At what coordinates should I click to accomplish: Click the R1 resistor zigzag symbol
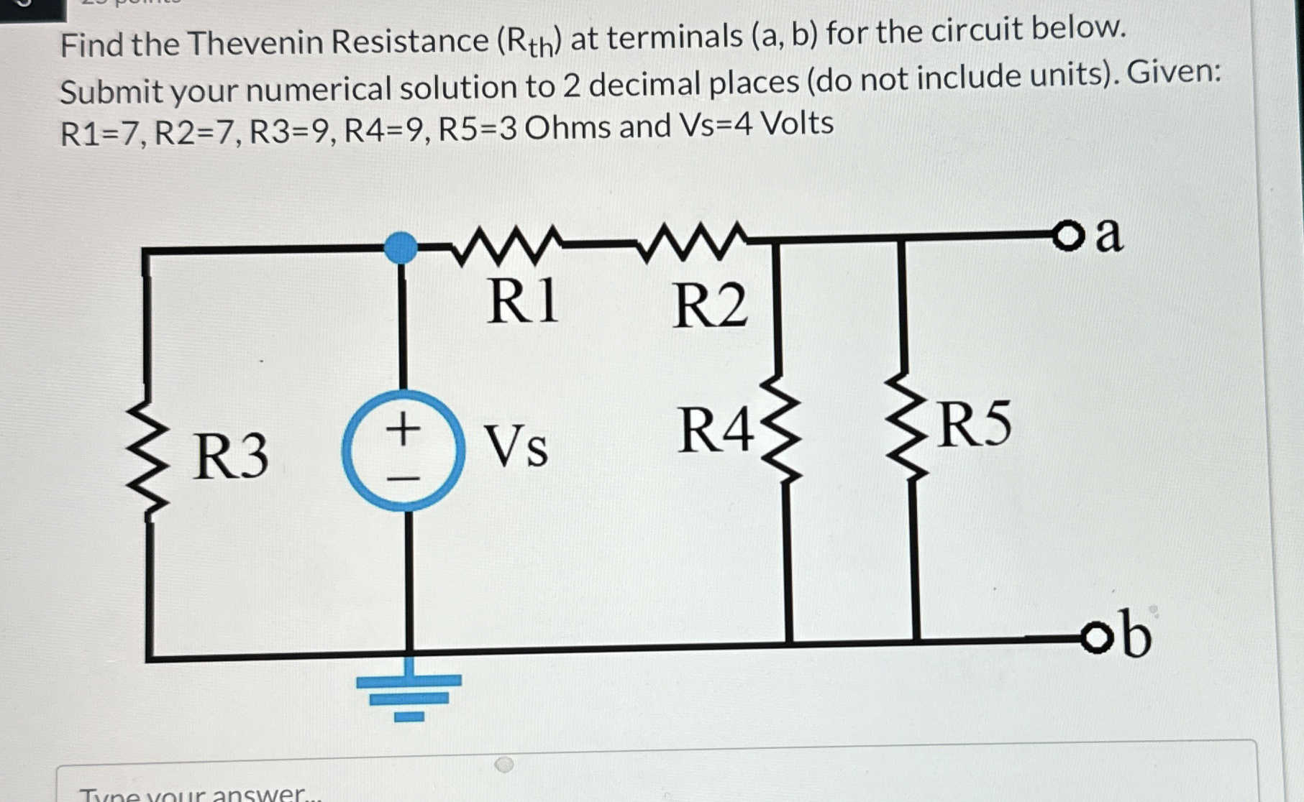pos(506,245)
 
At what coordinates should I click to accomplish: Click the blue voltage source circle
pos(403,451)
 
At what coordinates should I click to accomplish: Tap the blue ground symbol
pos(409,693)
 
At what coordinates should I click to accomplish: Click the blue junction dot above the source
pos(401,247)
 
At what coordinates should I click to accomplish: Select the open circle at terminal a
pos(1070,236)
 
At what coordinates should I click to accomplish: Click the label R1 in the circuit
pos(523,301)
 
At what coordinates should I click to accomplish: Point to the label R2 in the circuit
pos(710,305)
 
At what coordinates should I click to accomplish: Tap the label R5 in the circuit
pos(975,424)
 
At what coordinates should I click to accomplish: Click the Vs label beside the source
pos(515,446)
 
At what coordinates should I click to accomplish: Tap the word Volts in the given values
pos(797,124)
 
